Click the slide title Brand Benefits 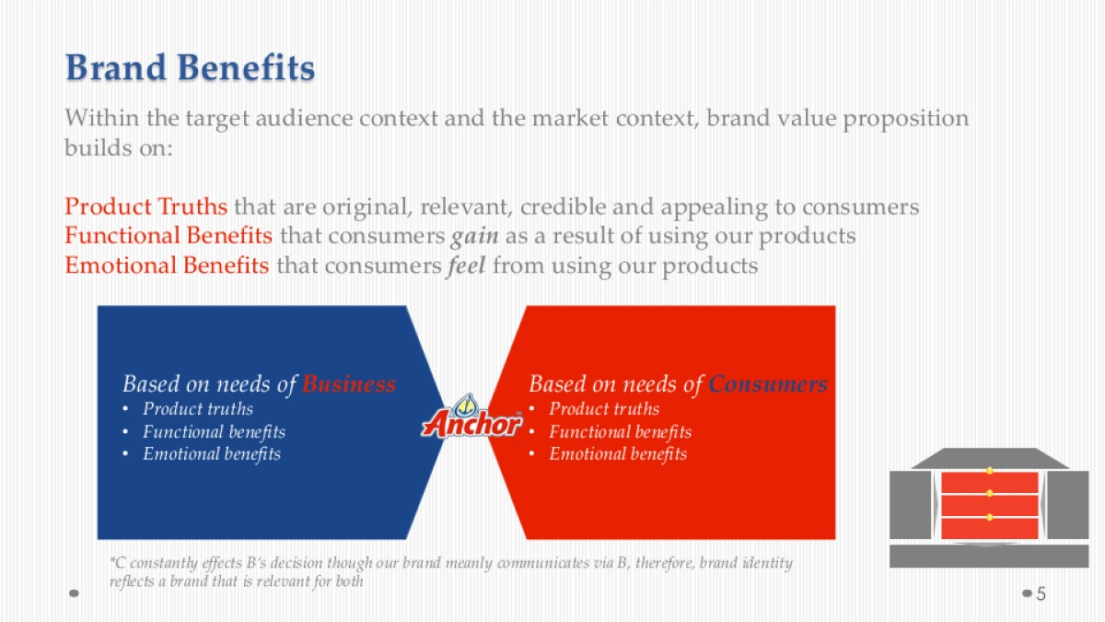click(190, 68)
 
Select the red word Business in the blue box click(349, 384)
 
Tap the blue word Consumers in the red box click(767, 384)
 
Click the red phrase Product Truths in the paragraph click(145, 205)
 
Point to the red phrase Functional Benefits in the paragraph click(169, 236)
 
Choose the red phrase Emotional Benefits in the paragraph click(167, 266)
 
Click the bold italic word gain click(474, 236)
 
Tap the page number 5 click(1041, 593)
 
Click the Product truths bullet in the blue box click(198, 409)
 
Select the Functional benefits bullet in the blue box click(214, 431)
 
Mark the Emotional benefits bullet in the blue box click(212, 453)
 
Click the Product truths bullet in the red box click(604, 409)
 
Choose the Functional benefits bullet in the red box click(620, 431)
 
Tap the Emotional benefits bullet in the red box click(618, 453)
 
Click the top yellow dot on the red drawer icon click(990, 472)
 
